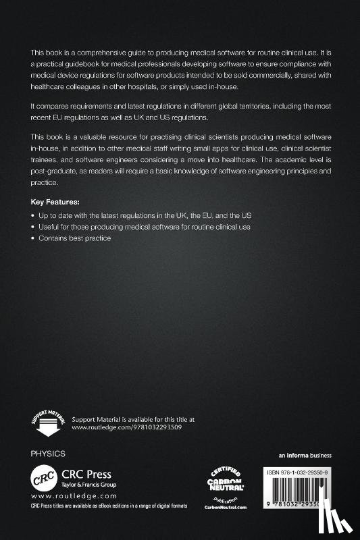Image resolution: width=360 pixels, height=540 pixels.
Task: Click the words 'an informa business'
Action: click(x=305, y=455)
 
